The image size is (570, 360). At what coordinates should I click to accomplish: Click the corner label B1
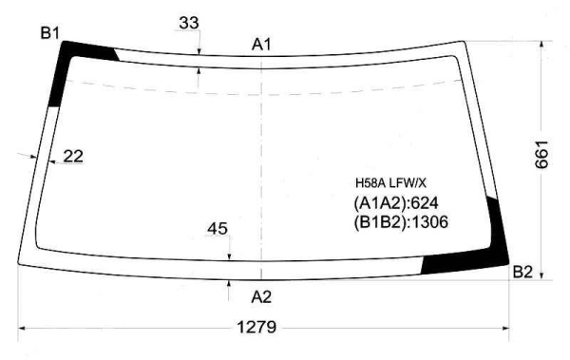point(49,33)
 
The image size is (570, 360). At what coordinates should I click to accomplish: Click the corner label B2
point(522,272)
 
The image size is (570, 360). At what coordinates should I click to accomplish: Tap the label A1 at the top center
point(261,45)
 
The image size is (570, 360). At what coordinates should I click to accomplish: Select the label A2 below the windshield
point(261,297)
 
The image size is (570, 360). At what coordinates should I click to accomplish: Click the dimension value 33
point(189,23)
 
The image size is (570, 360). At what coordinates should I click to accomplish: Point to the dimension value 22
point(73,157)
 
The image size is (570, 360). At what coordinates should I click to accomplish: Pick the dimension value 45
point(218,229)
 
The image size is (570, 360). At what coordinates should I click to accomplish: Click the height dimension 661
point(541,154)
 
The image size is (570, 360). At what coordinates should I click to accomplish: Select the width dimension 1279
point(256,328)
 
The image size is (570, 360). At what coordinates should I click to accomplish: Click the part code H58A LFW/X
point(390,183)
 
